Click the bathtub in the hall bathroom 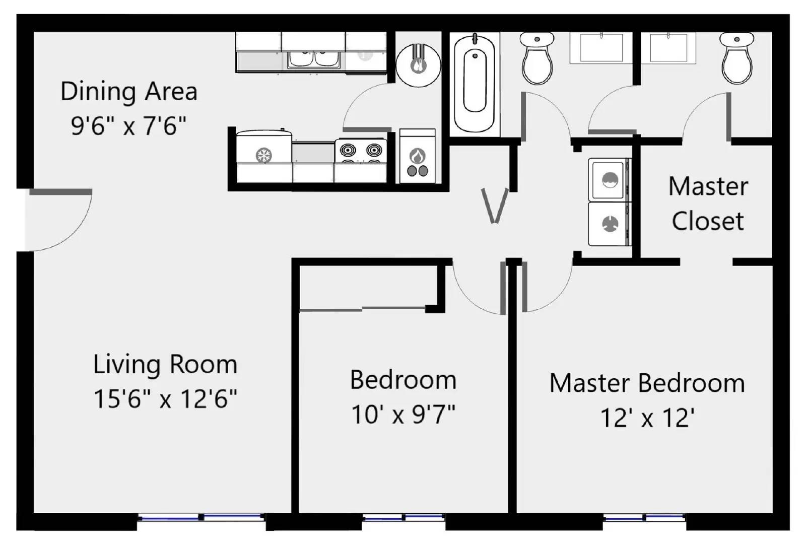click(x=474, y=84)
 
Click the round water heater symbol click(x=418, y=64)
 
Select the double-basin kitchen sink click(x=313, y=58)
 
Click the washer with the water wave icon click(x=610, y=180)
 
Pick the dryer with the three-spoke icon click(x=610, y=224)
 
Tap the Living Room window click(x=201, y=517)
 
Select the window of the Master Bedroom click(x=644, y=517)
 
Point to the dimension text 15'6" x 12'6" click(x=165, y=399)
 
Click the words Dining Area click(x=129, y=92)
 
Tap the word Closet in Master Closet click(x=708, y=221)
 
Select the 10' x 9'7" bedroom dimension click(x=403, y=415)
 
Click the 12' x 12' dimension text click(x=647, y=418)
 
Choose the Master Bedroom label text click(x=647, y=383)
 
